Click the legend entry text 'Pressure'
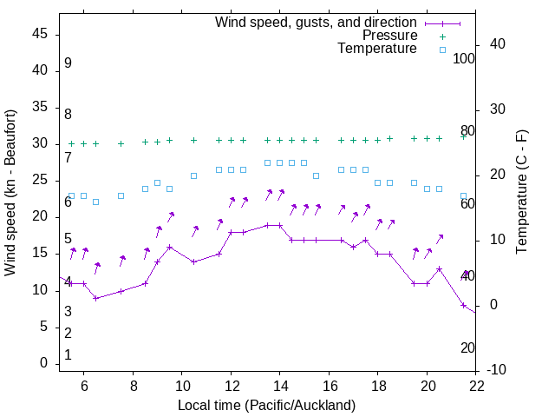tap(390, 36)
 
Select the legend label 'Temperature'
tap(377, 49)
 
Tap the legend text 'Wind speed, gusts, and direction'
tap(317, 22)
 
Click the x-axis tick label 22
tap(476, 388)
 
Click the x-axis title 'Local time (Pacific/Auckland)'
tap(267, 405)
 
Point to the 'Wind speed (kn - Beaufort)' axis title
tap(10, 193)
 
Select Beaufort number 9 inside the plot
tap(68, 63)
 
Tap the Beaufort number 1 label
tap(68, 355)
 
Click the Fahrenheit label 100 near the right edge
tap(465, 58)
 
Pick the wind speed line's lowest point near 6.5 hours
tap(96, 298)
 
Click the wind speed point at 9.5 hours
tap(170, 247)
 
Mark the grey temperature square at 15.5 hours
tap(317, 175)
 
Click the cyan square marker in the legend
tap(441, 50)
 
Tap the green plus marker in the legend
tap(441, 36)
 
